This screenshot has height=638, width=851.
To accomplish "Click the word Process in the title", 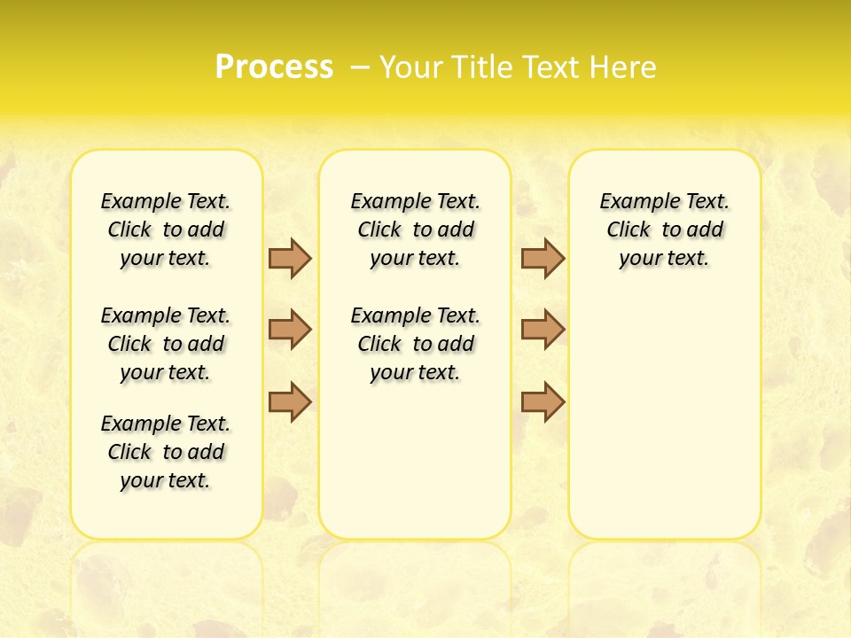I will click(x=274, y=66).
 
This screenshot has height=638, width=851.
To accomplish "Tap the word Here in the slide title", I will click(x=625, y=67).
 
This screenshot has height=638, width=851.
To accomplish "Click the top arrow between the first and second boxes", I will click(x=290, y=258).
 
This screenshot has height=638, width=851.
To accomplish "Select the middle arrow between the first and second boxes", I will click(x=290, y=330).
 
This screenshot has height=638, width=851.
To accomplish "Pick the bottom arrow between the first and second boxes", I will click(x=290, y=401).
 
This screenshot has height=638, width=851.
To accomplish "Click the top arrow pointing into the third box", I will click(x=543, y=258).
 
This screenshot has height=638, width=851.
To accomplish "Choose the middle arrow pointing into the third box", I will click(x=543, y=330).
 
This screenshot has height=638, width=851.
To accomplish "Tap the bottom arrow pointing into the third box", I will click(x=543, y=401).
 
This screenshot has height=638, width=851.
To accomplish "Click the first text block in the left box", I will click(x=166, y=230).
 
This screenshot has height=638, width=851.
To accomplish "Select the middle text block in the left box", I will click(x=166, y=344).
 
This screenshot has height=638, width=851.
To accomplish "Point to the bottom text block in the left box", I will click(x=166, y=452).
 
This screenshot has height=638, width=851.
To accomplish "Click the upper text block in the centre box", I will click(x=416, y=230).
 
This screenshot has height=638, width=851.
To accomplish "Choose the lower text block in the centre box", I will click(x=416, y=344).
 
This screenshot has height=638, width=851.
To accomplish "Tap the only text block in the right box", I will click(x=665, y=230).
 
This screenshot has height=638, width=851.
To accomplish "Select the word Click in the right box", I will click(x=628, y=230).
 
